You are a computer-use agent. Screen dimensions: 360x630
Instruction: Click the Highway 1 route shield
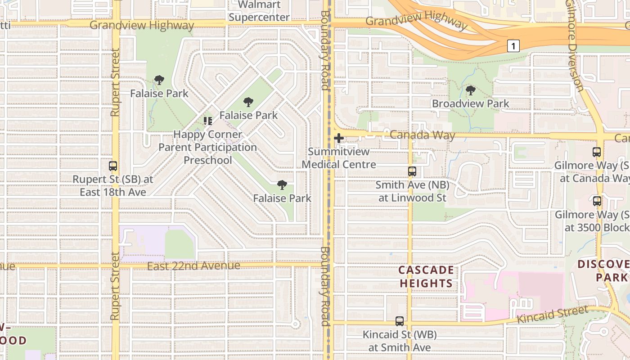coord(513,45)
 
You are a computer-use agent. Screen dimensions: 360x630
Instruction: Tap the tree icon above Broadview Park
coord(471,90)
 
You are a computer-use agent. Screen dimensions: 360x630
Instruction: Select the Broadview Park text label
coord(471,103)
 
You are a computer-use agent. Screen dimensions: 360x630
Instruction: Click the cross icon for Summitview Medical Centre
coord(339,138)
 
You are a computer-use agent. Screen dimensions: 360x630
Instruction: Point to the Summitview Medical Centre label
coord(339,158)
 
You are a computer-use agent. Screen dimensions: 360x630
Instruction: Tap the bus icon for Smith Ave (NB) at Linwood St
coord(412,171)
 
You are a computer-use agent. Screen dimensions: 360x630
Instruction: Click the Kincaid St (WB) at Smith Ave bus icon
coord(399,321)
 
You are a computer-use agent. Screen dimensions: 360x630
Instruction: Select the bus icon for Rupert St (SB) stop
coord(113,166)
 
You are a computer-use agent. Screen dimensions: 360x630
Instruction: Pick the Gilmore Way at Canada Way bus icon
coord(597,152)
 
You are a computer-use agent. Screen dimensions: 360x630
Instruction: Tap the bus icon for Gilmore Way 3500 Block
coord(597,201)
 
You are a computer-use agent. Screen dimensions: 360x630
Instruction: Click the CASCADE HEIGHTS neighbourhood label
coord(426,276)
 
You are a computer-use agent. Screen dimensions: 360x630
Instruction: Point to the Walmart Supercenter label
coord(259,11)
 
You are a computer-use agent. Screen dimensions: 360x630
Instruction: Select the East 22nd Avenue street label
coord(193,266)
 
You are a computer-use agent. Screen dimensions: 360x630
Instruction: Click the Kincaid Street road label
coord(553,315)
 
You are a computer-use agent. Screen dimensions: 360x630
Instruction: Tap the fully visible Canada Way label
coord(422,135)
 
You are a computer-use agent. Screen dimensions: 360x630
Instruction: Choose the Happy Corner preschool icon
coord(207,121)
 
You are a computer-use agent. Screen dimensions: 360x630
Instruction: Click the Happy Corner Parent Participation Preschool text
coord(208,147)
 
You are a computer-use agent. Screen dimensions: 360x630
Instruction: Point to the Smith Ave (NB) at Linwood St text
coord(412,191)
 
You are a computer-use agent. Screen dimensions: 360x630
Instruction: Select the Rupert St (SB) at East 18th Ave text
coord(113,186)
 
